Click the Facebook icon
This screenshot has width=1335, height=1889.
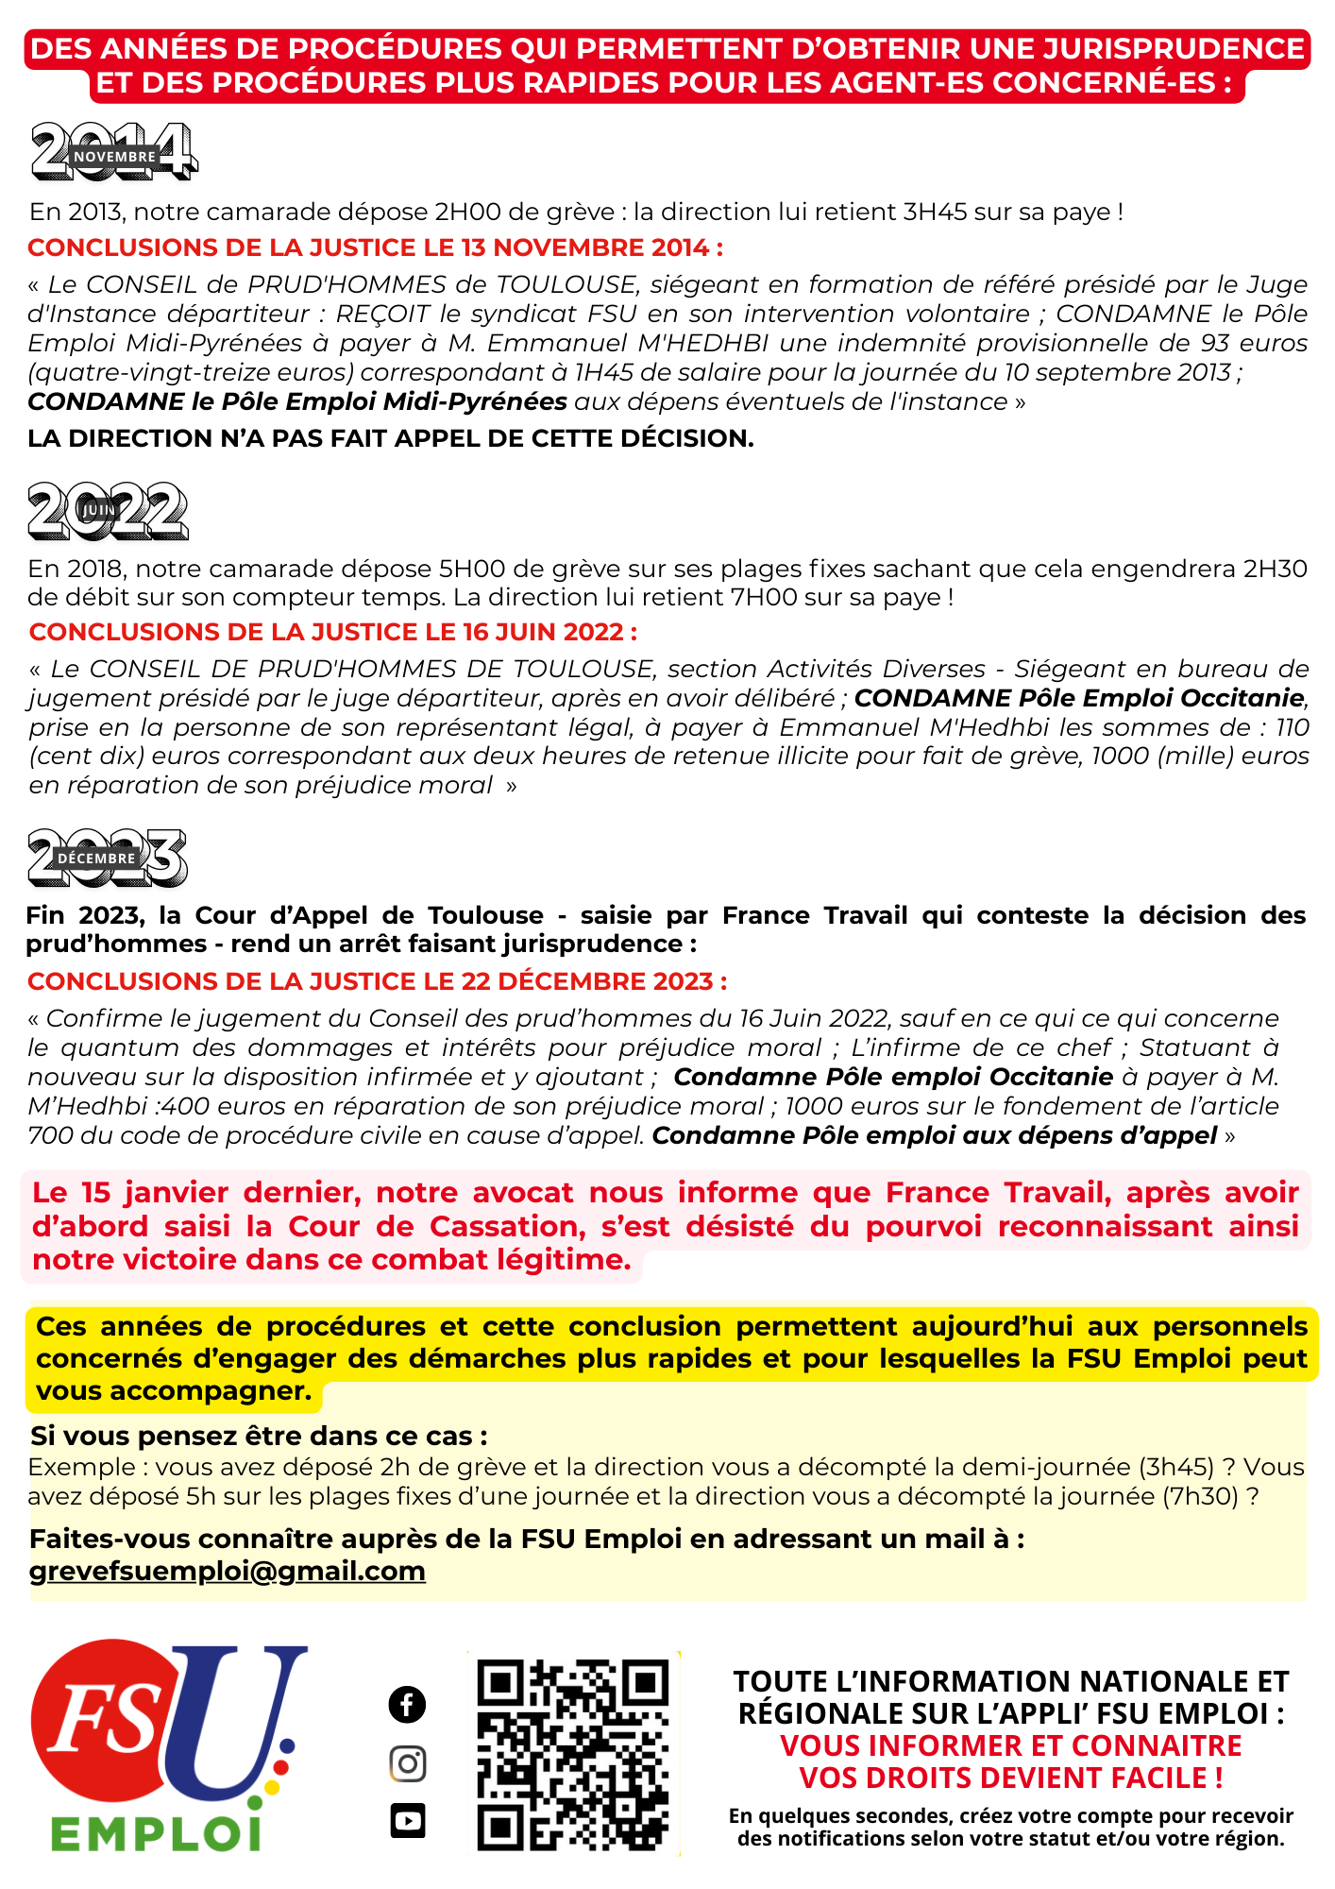point(407,1705)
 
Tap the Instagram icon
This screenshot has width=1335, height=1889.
point(407,1763)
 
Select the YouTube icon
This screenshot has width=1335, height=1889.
point(407,1820)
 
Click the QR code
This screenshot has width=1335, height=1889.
point(573,1754)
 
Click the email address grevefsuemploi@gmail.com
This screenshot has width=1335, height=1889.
point(228,1571)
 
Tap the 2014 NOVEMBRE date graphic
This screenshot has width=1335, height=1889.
point(114,152)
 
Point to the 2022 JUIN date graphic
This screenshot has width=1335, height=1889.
point(108,511)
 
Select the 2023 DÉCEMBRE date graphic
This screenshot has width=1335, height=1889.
point(107,858)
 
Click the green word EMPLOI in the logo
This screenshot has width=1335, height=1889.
point(156,1834)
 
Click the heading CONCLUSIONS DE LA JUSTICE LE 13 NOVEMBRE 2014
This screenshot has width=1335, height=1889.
point(375,247)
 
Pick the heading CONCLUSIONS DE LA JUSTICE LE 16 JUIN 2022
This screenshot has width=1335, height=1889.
point(332,632)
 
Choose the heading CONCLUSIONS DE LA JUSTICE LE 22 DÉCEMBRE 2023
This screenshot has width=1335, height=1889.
point(377,981)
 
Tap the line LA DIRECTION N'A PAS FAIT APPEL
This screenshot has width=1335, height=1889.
point(390,438)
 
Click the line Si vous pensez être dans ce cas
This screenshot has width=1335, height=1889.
point(259,1436)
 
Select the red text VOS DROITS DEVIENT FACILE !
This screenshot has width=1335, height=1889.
point(1010,1778)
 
